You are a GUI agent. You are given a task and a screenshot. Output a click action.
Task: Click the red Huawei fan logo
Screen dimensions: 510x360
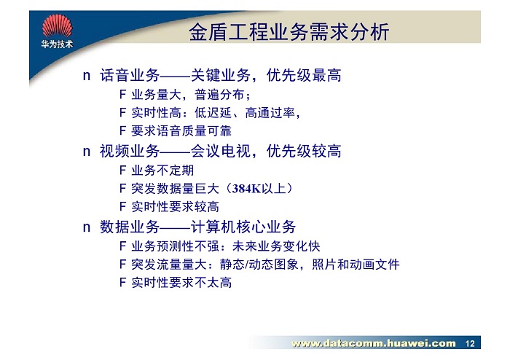point(58,26)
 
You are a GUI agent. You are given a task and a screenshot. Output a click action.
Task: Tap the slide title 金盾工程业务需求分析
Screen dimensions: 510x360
point(289,32)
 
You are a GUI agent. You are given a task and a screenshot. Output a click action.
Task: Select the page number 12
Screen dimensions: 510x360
point(470,343)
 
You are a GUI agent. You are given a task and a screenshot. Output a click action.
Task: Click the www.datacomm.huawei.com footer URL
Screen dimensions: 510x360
point(373,343)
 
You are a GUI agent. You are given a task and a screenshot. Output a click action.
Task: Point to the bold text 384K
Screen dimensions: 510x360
point(247,189)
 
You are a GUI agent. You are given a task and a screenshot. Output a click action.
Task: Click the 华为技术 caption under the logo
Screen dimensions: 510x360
point(57,44)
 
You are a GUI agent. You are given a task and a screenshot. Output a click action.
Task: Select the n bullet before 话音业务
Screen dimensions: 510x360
point(87,76)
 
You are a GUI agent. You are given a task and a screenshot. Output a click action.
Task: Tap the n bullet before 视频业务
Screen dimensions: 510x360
point(87,152)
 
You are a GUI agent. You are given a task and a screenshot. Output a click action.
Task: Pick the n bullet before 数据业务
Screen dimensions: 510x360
point(87,227)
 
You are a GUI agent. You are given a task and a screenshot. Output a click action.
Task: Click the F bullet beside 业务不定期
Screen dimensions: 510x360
point(122,170)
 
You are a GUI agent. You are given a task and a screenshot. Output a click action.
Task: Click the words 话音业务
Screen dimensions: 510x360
point(130,76)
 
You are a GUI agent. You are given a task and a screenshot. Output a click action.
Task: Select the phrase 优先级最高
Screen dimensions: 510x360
point(304,76)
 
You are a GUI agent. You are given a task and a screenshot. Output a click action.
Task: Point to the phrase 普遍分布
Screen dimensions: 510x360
point(219,95)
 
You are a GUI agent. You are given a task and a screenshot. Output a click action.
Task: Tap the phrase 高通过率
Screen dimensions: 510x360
point(270,113)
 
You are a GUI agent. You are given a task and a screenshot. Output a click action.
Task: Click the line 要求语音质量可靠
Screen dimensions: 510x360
point(181,131)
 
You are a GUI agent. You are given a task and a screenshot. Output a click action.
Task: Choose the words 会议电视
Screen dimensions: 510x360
point(221,152)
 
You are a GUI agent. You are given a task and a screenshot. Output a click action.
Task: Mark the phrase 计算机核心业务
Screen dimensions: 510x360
point(243,227)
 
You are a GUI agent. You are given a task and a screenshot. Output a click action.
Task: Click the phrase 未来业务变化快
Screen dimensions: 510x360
point(276,246)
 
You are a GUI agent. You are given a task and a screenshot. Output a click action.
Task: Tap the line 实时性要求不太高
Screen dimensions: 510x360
point(181,283)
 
